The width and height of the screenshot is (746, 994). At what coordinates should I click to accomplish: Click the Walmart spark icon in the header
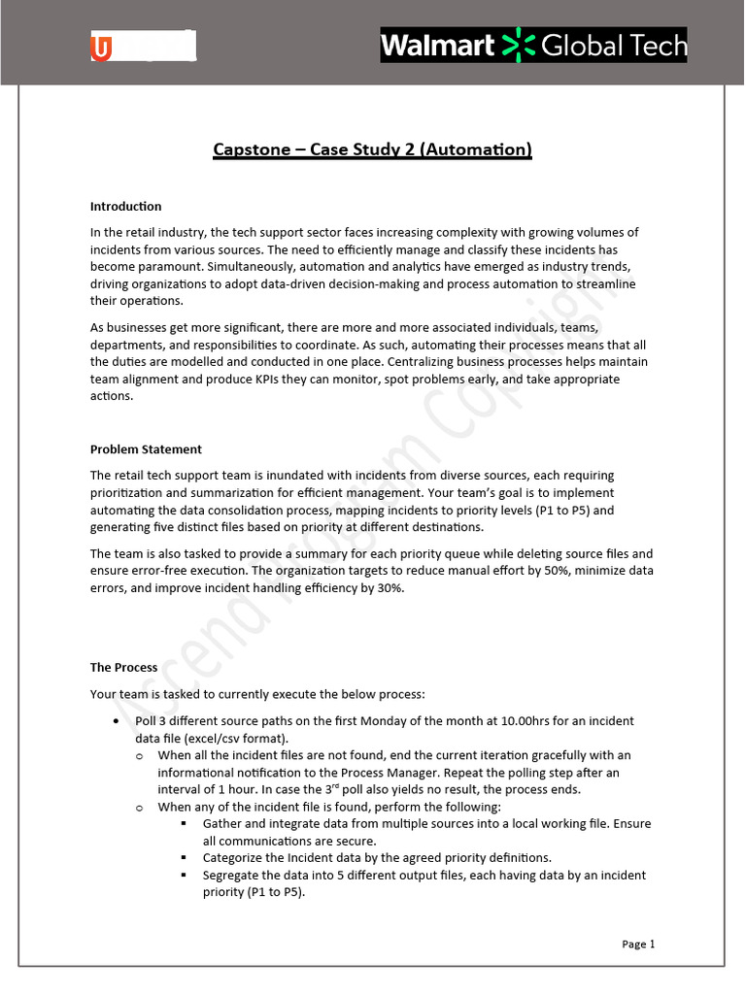click(x=522, y=46)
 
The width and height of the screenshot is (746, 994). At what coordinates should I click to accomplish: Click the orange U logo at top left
click(x=102, y=47)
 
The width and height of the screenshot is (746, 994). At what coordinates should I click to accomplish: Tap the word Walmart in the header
click(x=438, y=46)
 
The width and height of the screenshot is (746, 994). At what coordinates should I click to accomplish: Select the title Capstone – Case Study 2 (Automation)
click(x=372, y=149)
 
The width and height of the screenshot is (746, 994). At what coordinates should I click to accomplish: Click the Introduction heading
click(x=125, y=207)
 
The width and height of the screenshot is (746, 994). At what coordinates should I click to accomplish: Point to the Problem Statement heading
click(x=146, y=449)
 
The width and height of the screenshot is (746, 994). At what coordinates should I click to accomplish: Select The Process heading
click(x=123, y=668)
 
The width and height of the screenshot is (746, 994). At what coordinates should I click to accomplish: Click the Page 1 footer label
click(x=638, y=944)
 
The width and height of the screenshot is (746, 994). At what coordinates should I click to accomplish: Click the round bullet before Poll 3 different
click(x=118, y=722)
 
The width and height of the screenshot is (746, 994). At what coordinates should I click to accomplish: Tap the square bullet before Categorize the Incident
click(x=183, y=858)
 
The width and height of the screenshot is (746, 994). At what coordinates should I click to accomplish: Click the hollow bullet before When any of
click(x=140, y=807)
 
